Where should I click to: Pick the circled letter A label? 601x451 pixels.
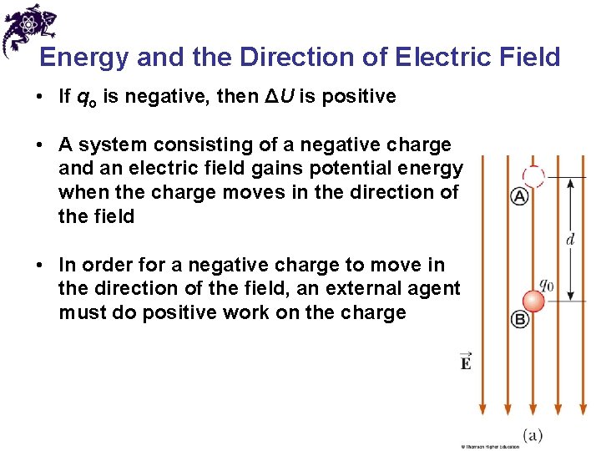click(x=519, y=197)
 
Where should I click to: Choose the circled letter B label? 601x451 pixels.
click(x=520, y=320)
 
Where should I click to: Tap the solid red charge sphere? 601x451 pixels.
click(x=533, y=301)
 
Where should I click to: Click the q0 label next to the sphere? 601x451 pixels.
click(x=546, y=283)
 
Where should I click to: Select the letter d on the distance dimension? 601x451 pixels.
click(x=570, y=240)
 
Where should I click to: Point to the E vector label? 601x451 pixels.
click(x=465, y=361)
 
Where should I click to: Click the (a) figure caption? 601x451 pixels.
click(x=533, y=435)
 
